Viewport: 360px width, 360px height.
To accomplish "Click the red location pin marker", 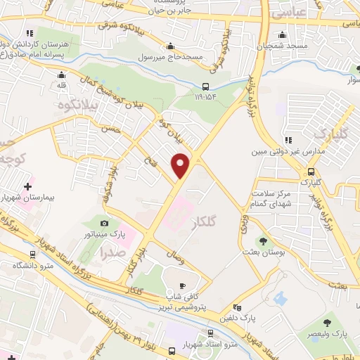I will click(x=181, y=165).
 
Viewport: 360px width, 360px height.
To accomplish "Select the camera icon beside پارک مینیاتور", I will click(x=104, y=223).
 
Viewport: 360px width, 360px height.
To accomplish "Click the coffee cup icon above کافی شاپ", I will click(x=184, y=285).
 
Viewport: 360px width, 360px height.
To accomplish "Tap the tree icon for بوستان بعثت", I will click(x=265, y=241).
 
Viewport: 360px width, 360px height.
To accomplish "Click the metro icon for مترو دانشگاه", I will click(x=32, y=254).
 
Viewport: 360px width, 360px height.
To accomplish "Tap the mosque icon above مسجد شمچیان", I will click(x=282, y=34).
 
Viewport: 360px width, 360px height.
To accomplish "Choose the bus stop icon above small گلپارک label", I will click(x=310, y=172).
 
